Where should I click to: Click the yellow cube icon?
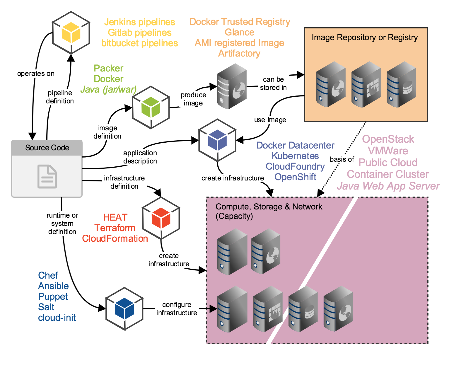click(71, 33)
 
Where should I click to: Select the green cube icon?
click(151, 107)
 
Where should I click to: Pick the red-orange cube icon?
click(161, 218)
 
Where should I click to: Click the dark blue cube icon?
click(124, 308)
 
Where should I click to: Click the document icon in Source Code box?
click(47, 176)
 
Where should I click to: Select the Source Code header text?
click(47, 148)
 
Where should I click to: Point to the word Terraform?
click(115, 228)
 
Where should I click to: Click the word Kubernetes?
click(295, 156)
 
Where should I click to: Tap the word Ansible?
click(53, 286)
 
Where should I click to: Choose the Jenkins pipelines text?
click(139, 22)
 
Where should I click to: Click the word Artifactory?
click(239, 53)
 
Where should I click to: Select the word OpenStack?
click(388, 139)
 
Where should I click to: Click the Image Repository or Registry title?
click(364, 37)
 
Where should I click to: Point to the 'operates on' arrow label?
click(36, 74)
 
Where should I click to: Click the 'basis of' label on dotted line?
click(342, 159)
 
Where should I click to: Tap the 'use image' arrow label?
click(270, 120)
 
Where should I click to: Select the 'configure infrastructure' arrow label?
click(177, 309)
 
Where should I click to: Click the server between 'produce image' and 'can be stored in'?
click(231, 86)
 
